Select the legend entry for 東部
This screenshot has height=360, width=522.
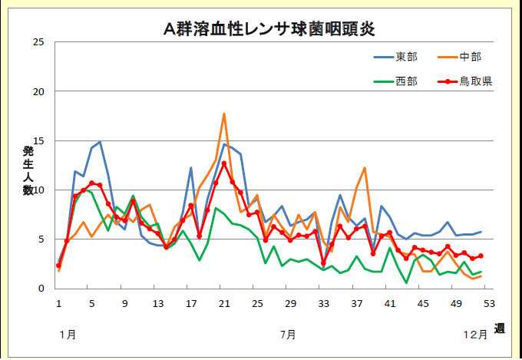(x=407, y=58)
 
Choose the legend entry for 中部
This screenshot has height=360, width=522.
(x=470, y=58)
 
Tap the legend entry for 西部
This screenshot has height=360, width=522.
(x=407, y=81)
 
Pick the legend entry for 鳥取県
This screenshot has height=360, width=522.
(x=476, y=81)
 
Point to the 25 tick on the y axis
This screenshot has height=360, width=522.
(x=38, y=42)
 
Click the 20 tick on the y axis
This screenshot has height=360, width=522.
(x=38, y=91)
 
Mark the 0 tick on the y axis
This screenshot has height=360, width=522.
(x=41, y=289)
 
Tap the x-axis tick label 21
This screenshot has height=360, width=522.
(x=224, y=303)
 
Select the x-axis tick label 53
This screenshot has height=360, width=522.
(x=489, y=303)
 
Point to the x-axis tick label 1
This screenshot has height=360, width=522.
(x=58, y=303)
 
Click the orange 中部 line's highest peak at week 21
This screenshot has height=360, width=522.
(x=224, y=114)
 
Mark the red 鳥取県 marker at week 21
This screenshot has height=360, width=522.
(x=224, y=163)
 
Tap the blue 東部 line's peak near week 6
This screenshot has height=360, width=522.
(x=100, y=142)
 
